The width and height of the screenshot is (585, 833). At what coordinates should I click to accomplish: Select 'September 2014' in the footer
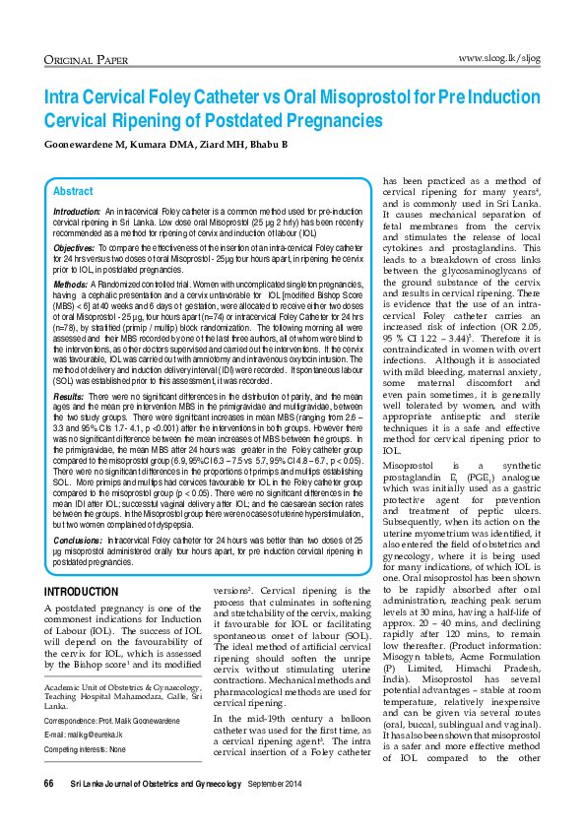coord(277,809)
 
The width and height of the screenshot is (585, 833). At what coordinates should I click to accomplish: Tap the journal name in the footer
coord(156,809)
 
